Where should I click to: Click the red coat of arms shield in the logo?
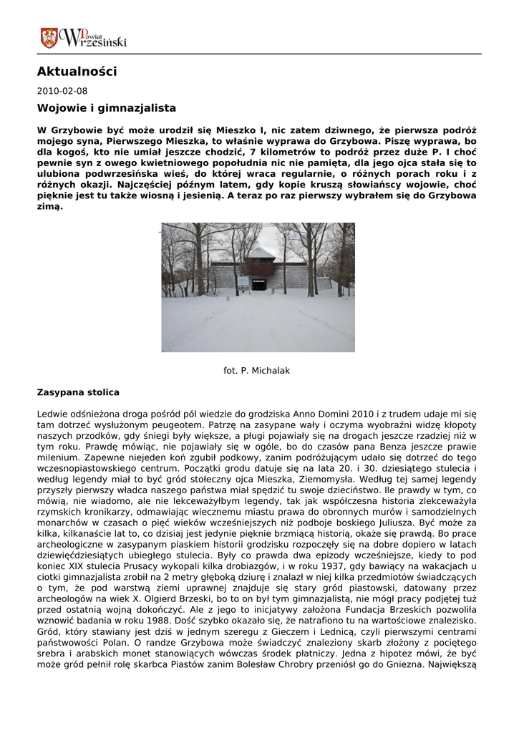click(x=49, y=38)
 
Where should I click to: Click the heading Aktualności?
click(x=77, y=72)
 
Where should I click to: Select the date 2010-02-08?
click(x=62, y=91)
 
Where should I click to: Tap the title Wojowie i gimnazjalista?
click(x=106, y=108)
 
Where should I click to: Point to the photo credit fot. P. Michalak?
click(x=257, y=371)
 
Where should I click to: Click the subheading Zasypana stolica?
click(x=78, y=393)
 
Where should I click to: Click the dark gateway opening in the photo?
click(x=258, y=284)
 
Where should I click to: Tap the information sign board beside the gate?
click(x=243, y=283)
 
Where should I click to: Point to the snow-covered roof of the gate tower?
click(x=261, y=253)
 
